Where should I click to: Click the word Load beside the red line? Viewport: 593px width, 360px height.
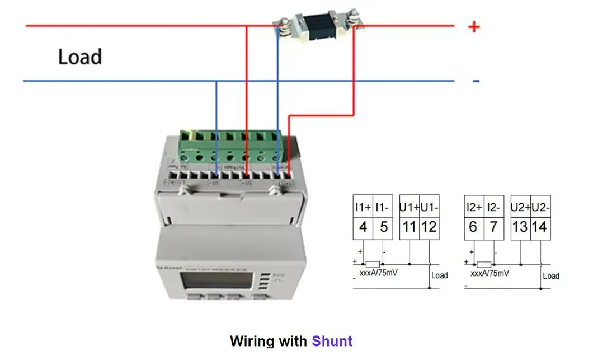80,57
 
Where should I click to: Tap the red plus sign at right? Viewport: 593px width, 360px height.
474,26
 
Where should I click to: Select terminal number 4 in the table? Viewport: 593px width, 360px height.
363,227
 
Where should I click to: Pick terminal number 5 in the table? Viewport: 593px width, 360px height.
383,227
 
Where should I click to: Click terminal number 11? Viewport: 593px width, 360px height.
410,227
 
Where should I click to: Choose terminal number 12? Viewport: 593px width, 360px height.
429,227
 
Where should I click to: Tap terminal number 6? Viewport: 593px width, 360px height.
473,227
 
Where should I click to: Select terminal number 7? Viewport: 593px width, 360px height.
493,227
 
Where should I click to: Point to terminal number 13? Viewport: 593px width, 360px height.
520,227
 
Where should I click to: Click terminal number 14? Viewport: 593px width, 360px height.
539,227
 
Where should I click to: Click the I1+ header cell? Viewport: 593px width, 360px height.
363,208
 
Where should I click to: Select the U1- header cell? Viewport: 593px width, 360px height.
429,208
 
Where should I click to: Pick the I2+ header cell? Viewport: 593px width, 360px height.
473,208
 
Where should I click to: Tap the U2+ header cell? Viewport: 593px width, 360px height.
520,208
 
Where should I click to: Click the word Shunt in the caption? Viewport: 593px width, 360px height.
332,341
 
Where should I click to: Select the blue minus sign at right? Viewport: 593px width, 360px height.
476,82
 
